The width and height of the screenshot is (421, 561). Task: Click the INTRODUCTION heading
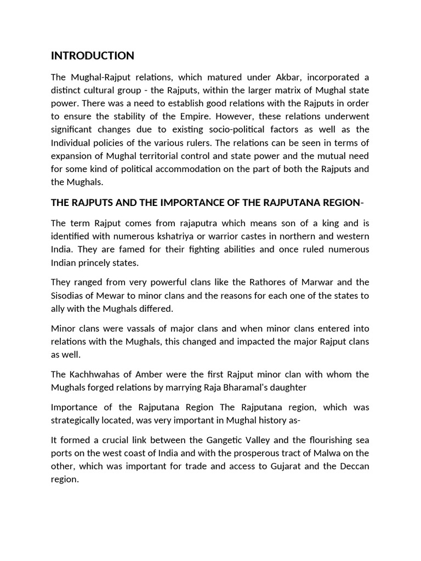(x=92, y=56)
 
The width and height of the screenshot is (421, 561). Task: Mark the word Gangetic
(x=233, y=440)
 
